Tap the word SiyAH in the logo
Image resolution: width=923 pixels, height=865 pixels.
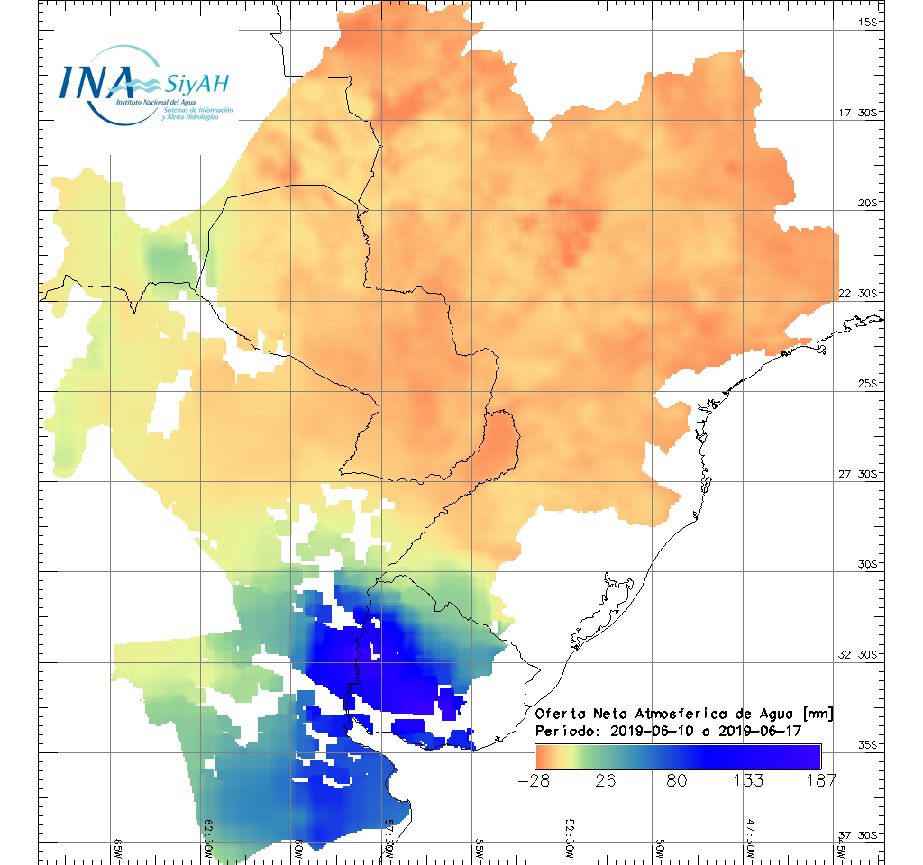point(197,85)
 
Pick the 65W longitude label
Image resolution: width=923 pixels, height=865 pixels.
point(118,849)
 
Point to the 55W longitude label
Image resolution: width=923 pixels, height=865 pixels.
point(480,849)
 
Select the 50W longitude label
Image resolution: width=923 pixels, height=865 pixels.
point(661,849)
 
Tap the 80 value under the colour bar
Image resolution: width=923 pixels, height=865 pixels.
point(676,780)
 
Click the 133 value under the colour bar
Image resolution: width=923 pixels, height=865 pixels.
point(748,780)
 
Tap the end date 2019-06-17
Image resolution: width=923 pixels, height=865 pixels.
point(776,731)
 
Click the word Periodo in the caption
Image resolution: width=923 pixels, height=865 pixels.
point(565,731)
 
